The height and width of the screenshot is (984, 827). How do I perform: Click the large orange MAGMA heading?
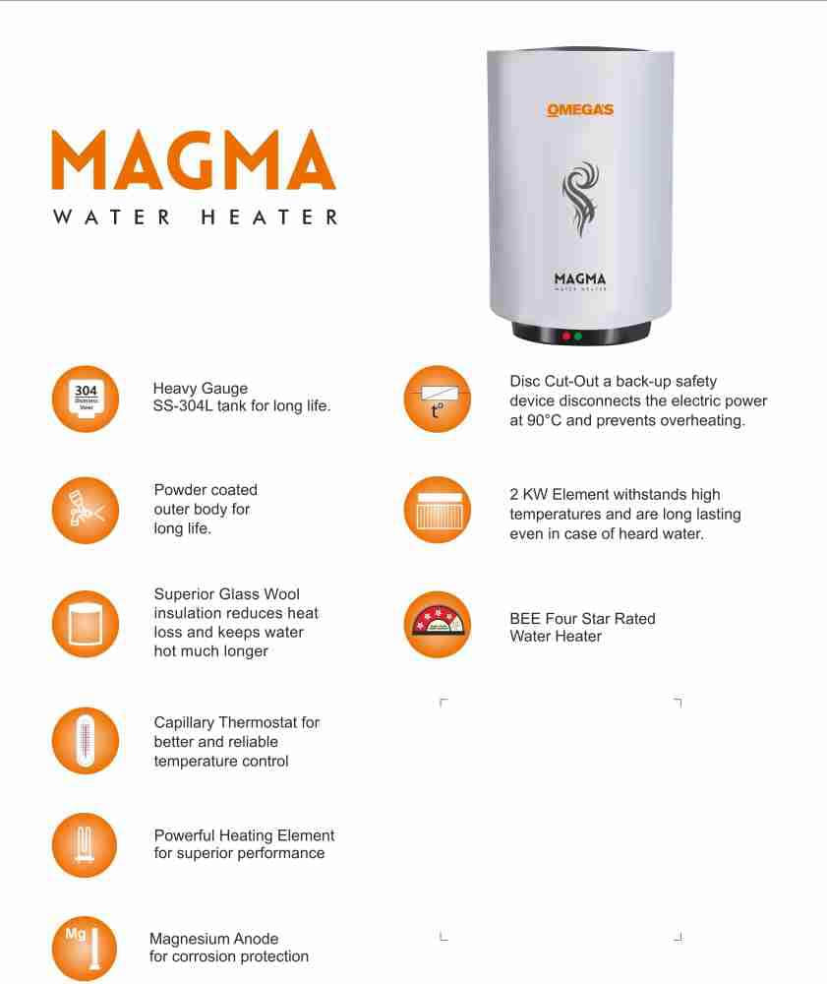point(194,160)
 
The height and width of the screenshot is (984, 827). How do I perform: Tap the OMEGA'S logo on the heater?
point(580,110)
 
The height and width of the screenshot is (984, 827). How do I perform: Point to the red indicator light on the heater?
point(566,337)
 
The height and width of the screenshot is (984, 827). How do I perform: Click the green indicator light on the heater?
point(579,337)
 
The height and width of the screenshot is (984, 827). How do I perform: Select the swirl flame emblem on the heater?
point(580,199)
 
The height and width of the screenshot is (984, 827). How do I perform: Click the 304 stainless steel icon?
point(86,400)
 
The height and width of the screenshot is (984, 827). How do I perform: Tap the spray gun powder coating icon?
point(86,510)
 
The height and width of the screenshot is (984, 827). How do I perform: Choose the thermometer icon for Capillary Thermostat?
point(86,741)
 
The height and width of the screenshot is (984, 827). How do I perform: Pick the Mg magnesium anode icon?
point(85,949)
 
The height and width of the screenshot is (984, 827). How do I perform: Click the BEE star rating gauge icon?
point(438,625)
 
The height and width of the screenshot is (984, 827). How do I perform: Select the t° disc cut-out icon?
point(438,400)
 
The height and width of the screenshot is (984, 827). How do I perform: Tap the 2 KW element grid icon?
point(438,510)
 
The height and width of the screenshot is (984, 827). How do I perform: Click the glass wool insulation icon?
point(86,624)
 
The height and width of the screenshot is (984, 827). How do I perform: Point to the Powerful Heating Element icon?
point(85,845)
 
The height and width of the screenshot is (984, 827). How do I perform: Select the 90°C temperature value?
point(544,420)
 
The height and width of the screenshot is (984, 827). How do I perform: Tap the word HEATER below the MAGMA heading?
point(269,217)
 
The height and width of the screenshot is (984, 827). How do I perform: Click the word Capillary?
point(184,723)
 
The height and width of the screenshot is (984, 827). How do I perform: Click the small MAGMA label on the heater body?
point(580,278)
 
